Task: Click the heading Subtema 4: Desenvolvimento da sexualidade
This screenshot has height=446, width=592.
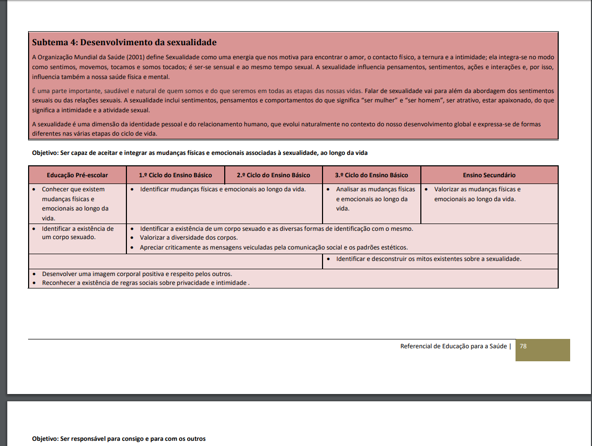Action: [124, 42]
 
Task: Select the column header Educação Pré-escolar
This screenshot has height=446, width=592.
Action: [78, 175]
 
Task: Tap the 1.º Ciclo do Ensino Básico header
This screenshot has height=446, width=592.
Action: [175, 175]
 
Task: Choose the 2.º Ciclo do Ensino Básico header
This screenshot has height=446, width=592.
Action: [273, 175]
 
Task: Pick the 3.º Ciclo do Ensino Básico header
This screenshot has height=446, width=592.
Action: [371, 175]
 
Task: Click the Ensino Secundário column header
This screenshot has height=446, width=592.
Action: [489, 175]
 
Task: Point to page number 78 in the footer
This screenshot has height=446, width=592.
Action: [523, 346]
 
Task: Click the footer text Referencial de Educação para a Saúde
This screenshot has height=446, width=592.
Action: [453, 346]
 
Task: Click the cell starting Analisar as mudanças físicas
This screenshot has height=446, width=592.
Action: [375, 199]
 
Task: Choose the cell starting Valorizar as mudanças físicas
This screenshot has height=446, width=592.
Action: [477, 194]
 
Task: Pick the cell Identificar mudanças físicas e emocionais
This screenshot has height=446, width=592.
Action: [223, 189]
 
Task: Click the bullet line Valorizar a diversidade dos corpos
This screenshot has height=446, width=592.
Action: [188, 238]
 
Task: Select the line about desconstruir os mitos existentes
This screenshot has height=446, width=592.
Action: [429, 259]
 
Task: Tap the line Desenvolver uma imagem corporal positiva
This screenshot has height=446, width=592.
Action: [137, 274]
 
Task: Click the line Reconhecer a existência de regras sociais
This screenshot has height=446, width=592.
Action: [145, 283]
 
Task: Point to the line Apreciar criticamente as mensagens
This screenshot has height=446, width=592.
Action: [274, 247]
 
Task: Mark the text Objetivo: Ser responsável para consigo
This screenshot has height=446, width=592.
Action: [119, 439]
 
